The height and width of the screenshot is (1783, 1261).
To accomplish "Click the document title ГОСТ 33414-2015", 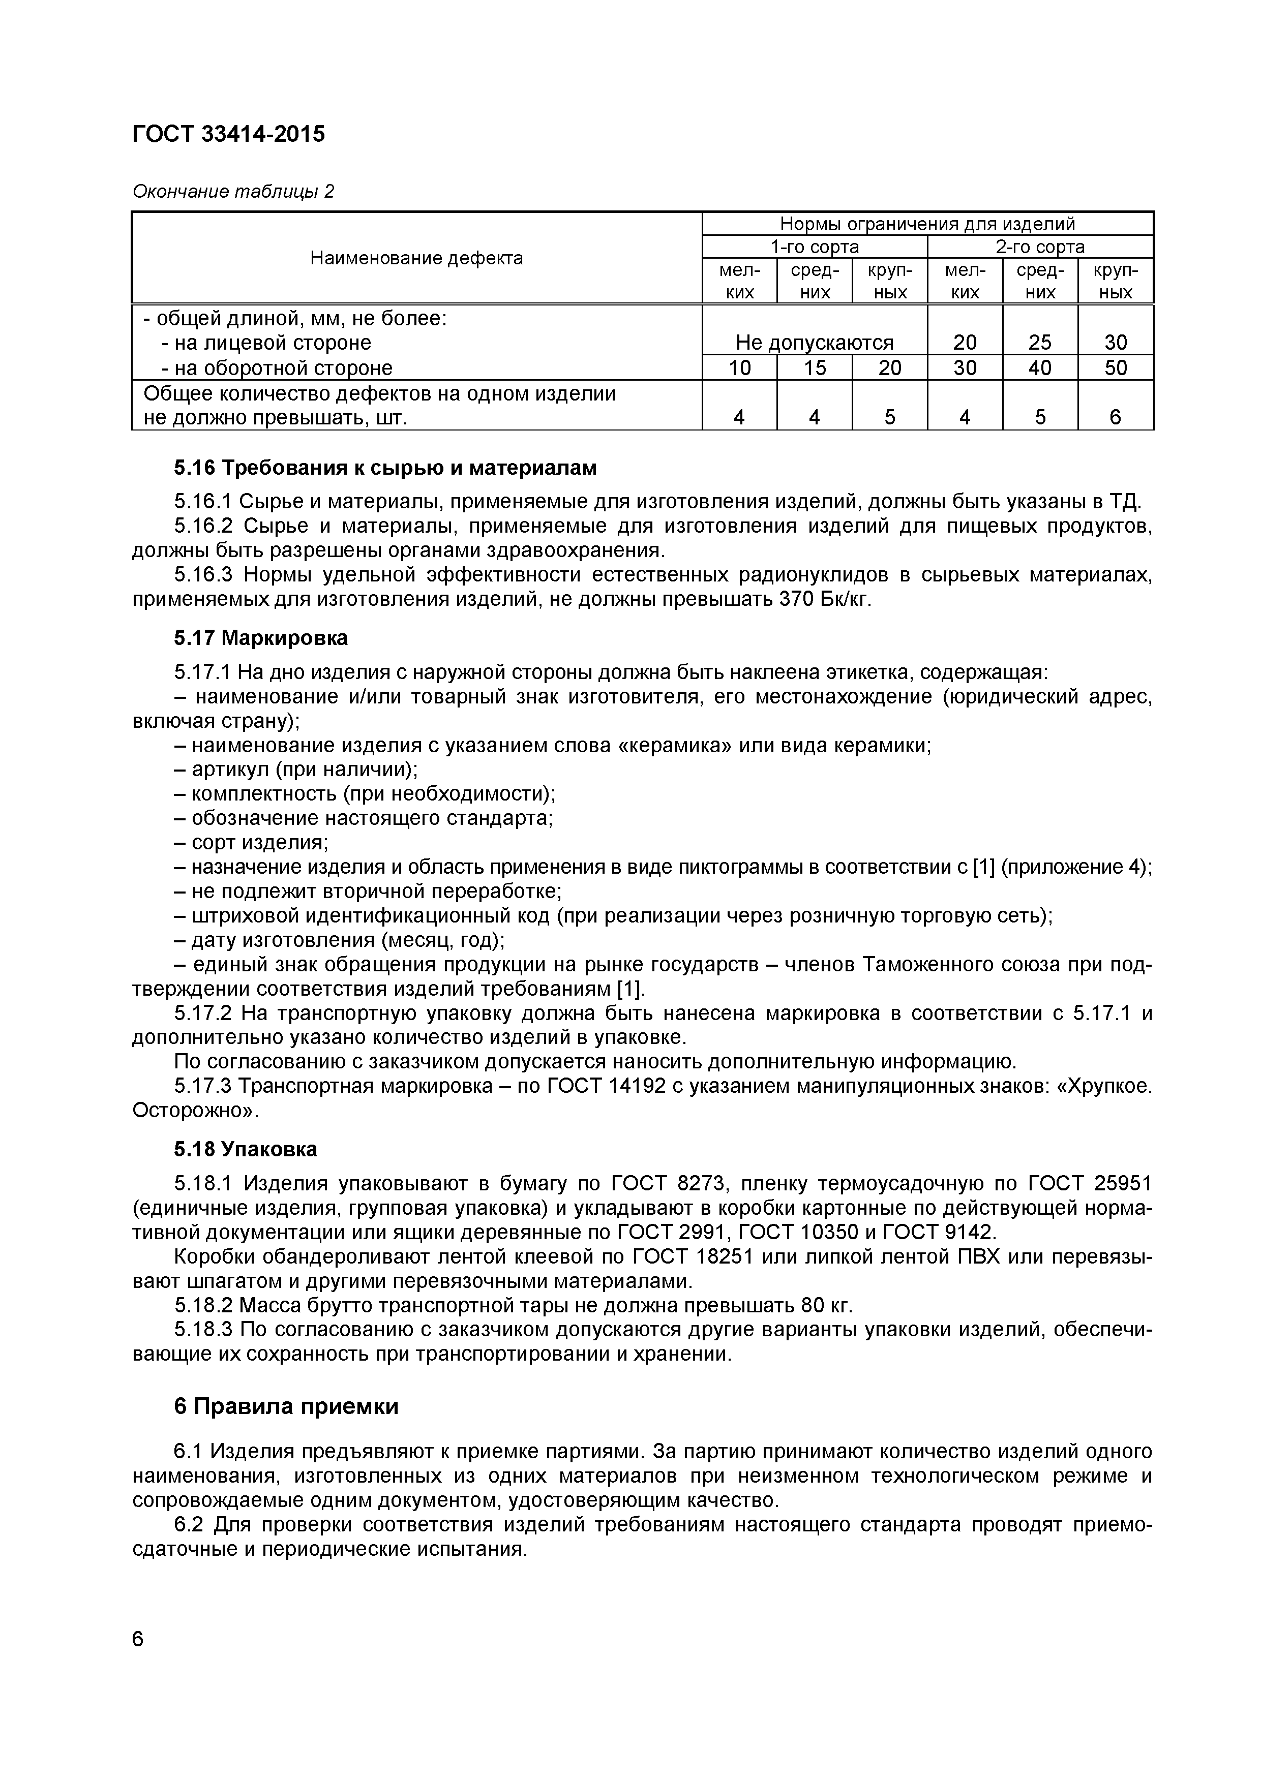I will tap(228, 134).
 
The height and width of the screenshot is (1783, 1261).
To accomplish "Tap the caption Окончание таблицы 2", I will tap(233, 191).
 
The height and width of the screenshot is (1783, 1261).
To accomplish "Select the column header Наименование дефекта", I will tap(416, 258).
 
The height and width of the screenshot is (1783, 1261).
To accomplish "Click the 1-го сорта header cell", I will tap(814, 247).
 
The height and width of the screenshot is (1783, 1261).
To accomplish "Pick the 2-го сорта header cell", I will tap(1040, 247).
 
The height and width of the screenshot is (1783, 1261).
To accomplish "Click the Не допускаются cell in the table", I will tap(814, 343).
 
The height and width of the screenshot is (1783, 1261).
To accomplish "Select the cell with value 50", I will tap(1115, 367).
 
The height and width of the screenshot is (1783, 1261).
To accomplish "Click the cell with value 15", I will tap(814, 367).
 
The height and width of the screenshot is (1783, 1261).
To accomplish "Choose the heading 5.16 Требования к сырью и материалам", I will tap(385, 468).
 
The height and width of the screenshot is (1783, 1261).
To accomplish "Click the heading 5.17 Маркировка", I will tap(260, 638).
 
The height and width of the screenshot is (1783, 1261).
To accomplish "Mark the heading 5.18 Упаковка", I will tap(246, 1149).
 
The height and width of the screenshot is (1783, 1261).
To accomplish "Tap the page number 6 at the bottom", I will tap(138, 1639).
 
